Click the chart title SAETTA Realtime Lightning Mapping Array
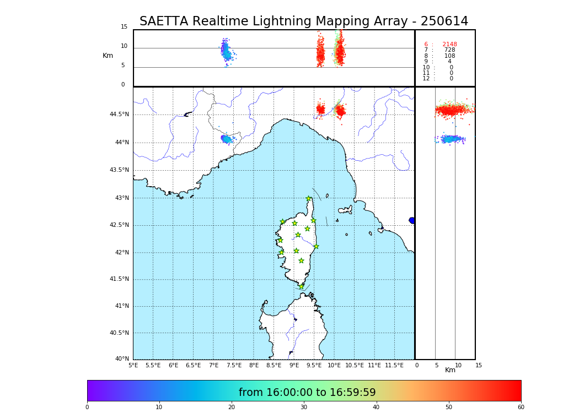tap(303, 21)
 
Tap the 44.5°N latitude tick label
tap(119, 115)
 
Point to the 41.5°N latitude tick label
tap(119, 279)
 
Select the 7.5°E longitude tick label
tap(233, 365)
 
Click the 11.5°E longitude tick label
tap(394, 365)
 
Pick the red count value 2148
tap(449, 45)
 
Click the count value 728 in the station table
tap(449, 50)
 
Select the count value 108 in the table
tap(449, 56)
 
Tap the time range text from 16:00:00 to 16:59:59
tap(307, 393)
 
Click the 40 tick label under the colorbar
tap(376, 407)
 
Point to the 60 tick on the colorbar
tap(521, 407)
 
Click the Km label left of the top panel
tap(108, 56)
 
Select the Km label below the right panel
tap(451, 370)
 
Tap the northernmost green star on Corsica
tap(309, 199)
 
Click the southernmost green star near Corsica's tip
tap(301, 286)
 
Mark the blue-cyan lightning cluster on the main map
tap(226, 139)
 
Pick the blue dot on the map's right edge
tap(412, 220)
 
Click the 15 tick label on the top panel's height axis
tap(124, 27)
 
